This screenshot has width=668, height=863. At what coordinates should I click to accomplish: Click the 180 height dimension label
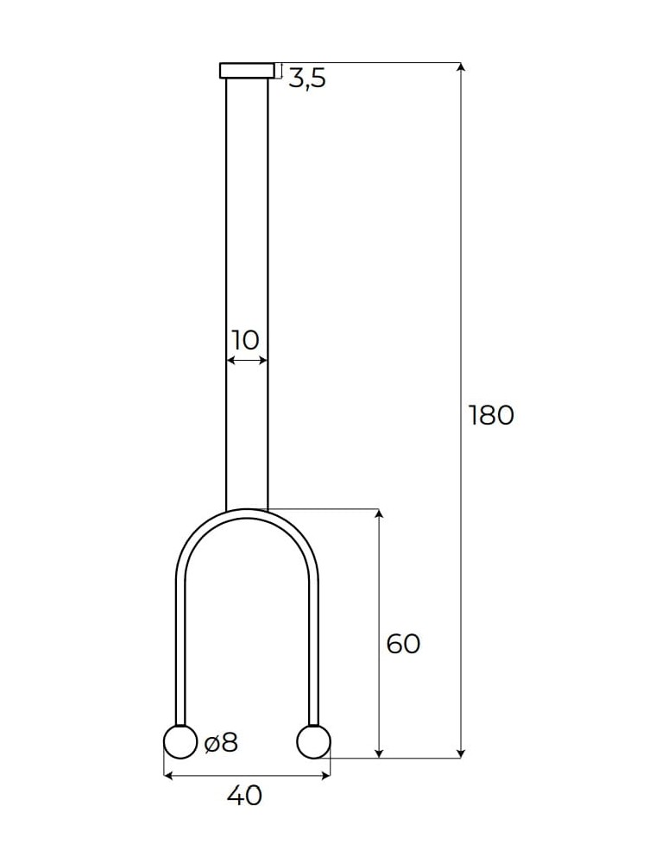click(x=491, y=415)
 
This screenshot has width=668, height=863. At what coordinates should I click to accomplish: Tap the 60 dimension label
click(x=403, y=644)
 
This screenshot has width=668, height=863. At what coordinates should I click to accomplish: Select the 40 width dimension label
click(x=244, y=795)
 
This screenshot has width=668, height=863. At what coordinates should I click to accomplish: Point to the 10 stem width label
click(x=246, y=339)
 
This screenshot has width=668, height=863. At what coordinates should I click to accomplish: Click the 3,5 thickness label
click(x=306, y=79)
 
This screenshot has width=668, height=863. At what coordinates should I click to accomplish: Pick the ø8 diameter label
click(x=221, y=742)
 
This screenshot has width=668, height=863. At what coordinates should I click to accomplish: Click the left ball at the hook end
click(x=180, y=742)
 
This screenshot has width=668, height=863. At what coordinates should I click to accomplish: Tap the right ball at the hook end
click(x=313, y=742)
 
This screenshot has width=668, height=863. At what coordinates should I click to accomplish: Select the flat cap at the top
click(x=247, y=70)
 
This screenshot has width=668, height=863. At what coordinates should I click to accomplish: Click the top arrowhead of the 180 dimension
click(x=461, y=67)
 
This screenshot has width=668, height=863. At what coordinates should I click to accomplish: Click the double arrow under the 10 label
click(x=247, y=360)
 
